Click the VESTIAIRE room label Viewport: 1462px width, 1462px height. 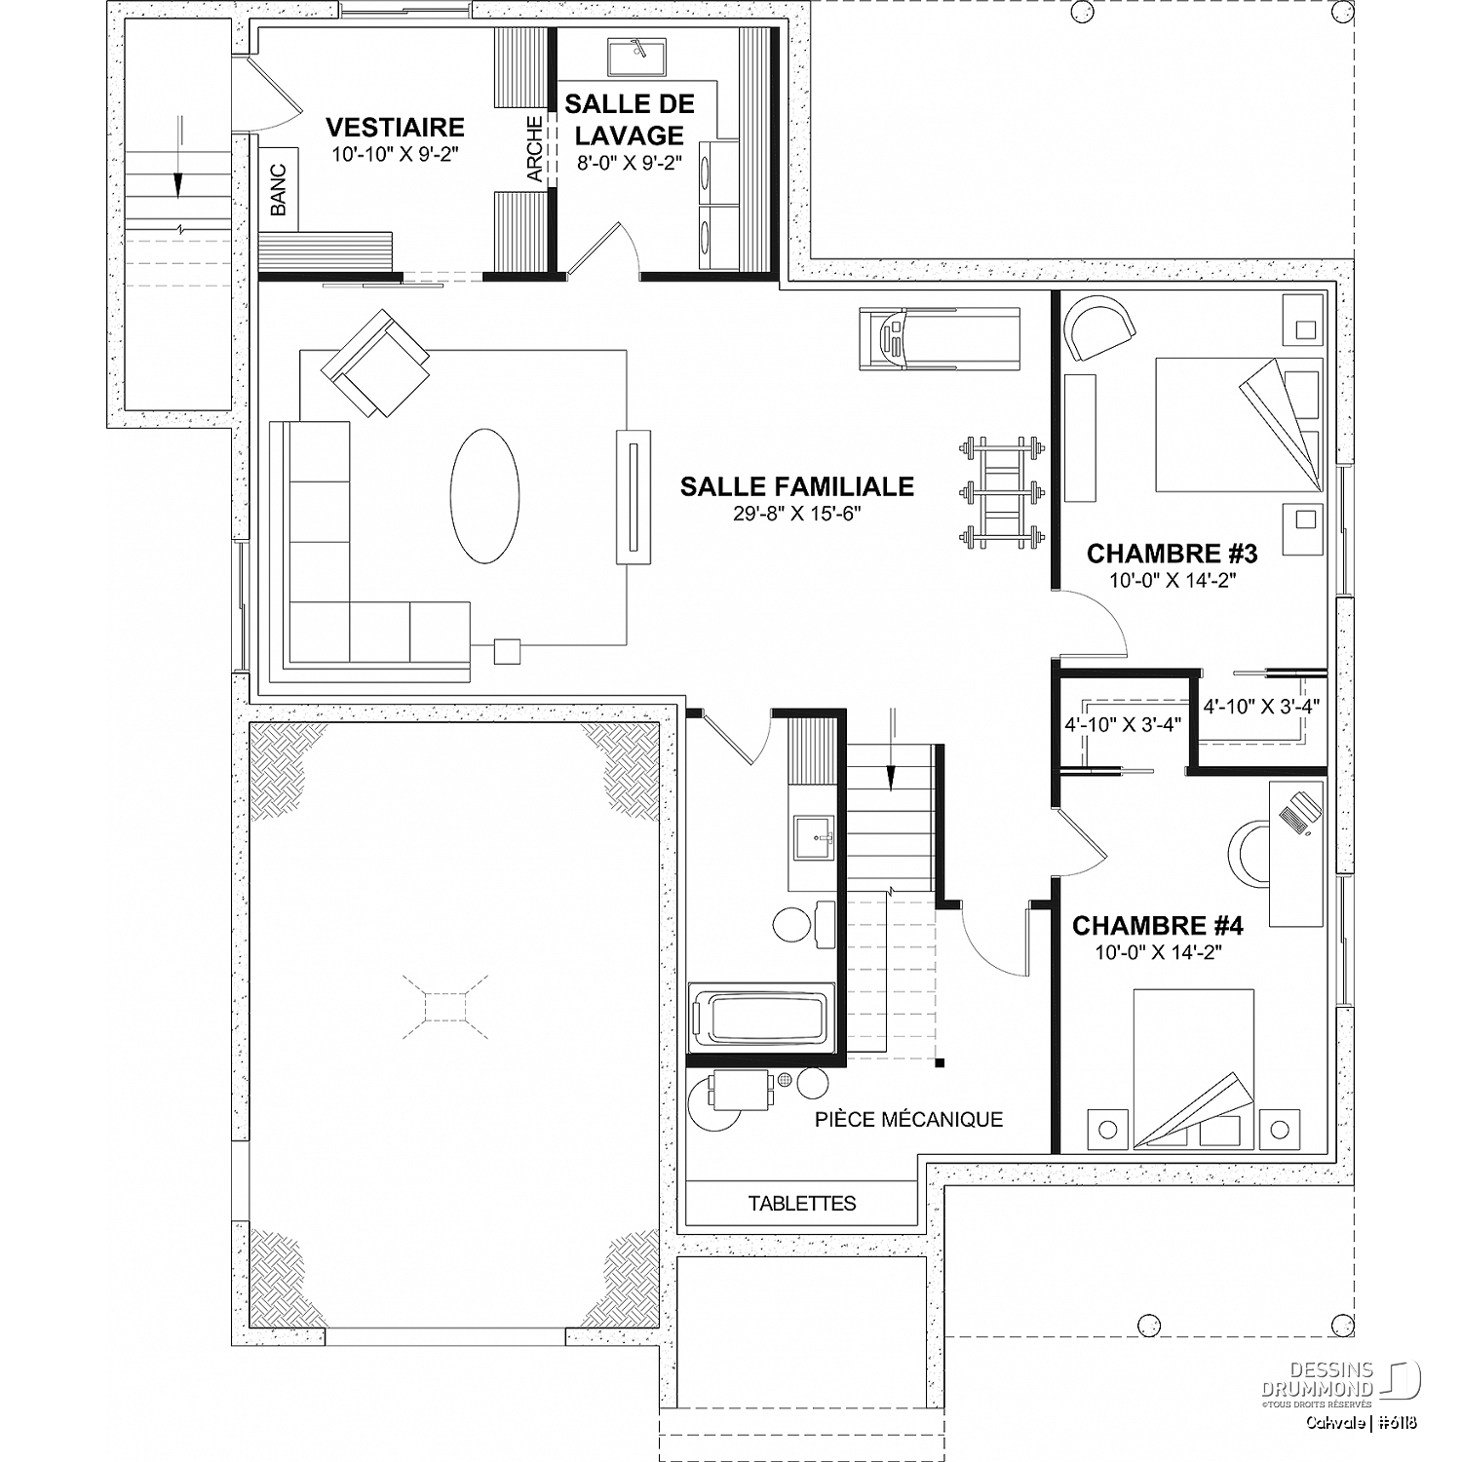click(395, 128)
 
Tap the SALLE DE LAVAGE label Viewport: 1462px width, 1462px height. click(630, 119)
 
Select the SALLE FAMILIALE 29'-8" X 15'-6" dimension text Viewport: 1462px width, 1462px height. click(797, 514)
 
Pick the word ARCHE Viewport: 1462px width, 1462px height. click(534, 149)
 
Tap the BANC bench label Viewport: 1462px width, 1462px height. click(279, 190)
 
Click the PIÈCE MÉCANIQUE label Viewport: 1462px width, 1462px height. click(908, 1119)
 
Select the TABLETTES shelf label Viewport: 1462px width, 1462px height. click(802, 1204)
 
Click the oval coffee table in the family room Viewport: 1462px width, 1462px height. click(484, 496)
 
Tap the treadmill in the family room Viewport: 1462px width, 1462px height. click(940, 338)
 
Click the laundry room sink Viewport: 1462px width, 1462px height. click(636, 58)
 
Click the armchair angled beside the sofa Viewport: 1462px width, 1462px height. click(376, 362)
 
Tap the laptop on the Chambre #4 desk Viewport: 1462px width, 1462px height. click(1299, 812)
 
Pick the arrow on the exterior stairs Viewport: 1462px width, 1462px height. click(179, 156)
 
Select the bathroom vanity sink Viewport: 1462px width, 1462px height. click(814, 837)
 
